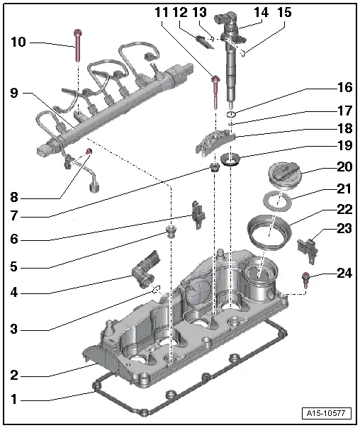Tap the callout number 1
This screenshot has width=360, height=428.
pos(12,399)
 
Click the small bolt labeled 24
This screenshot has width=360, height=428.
pos(305,278)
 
